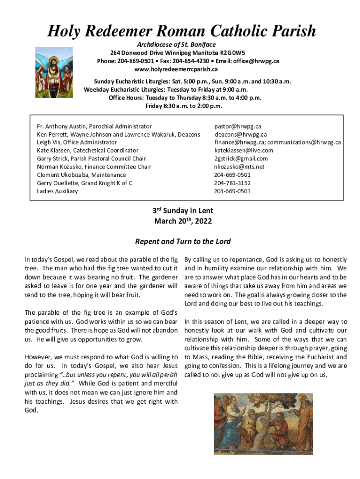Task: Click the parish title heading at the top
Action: coord(182,31)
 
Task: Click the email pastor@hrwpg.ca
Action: coord(238,126)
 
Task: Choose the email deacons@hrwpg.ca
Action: coord(240,134)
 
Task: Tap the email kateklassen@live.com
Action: coord(244,150)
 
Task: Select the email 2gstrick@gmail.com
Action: coord(241,159)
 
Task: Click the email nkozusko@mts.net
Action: coord(239,167)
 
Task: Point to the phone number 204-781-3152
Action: coord(232,183)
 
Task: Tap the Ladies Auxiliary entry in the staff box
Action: coord(58,191)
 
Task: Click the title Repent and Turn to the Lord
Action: coord(183,242)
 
